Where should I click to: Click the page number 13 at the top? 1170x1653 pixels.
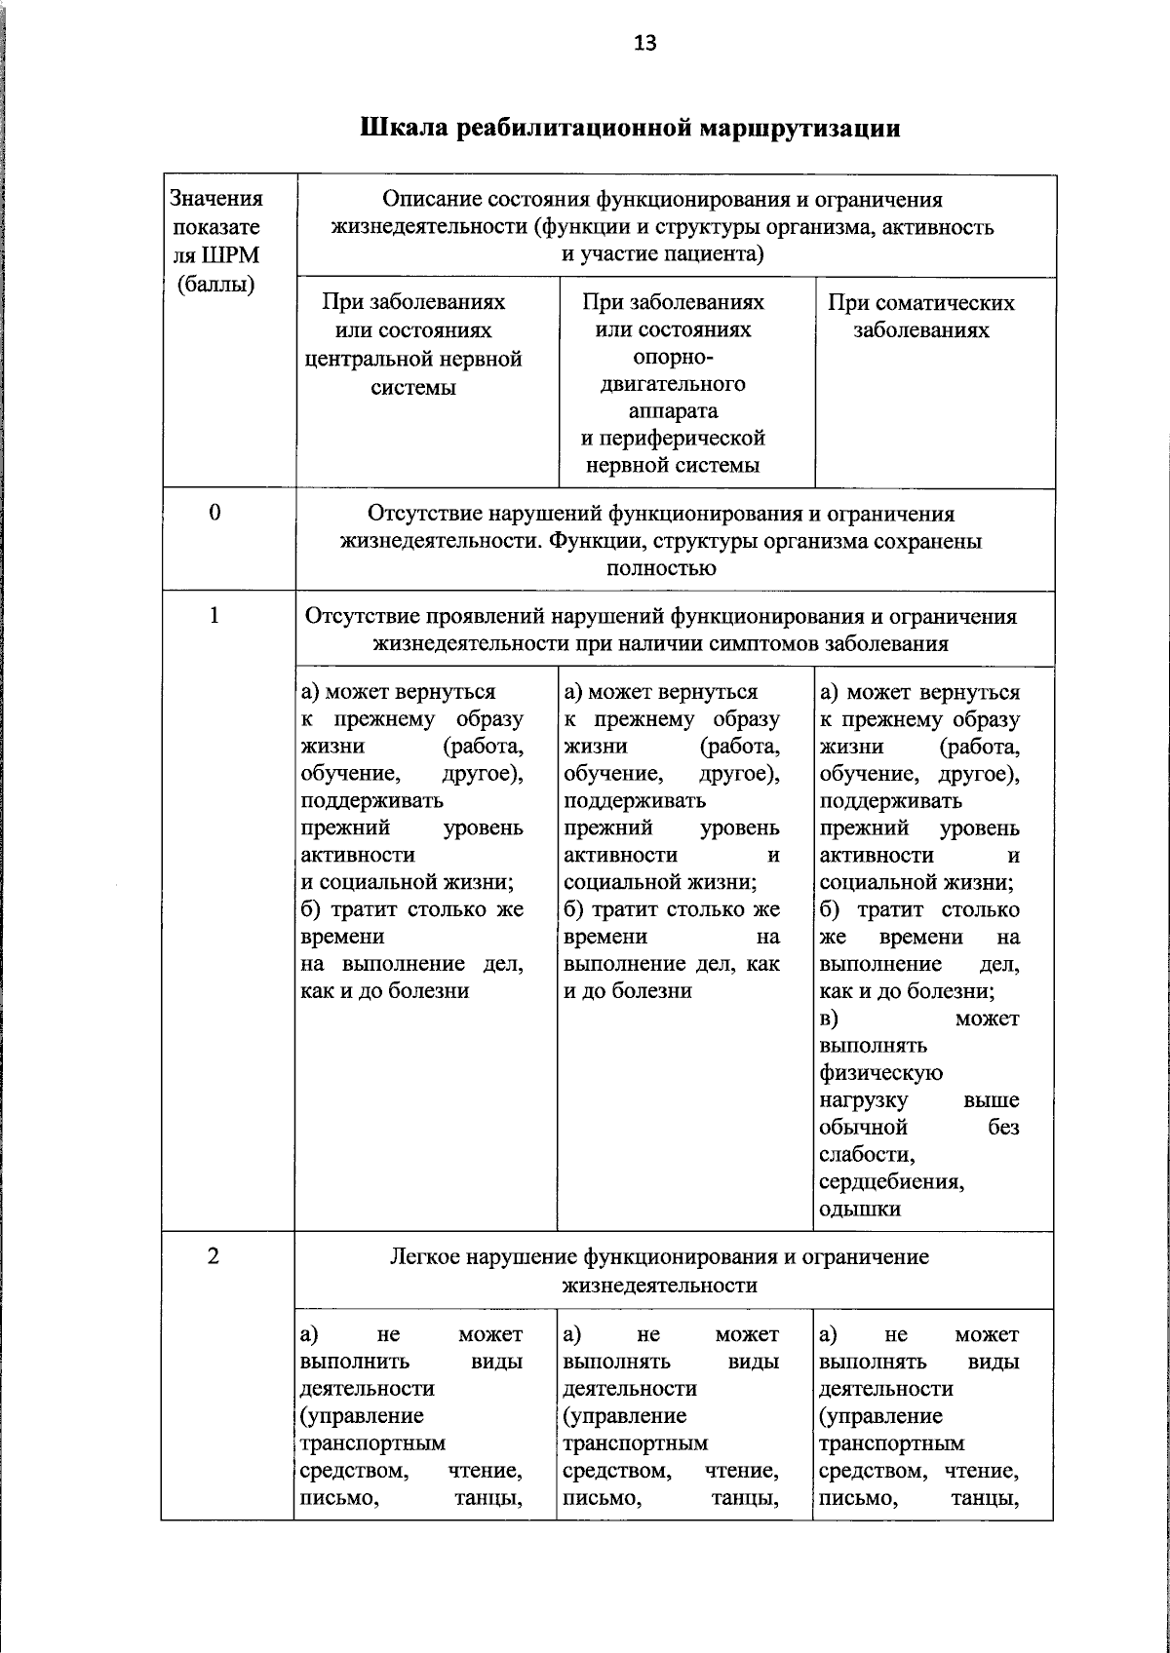(644, 43)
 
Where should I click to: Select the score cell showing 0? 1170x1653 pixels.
(215, 513)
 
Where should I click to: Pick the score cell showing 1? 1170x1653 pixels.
(215, 615)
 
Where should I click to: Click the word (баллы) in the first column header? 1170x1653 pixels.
(215, 285)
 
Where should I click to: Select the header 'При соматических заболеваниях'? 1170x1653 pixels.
(920, 316)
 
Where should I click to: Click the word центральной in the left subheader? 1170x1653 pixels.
(413, 359)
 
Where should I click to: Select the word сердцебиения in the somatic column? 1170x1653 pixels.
(891, 1182)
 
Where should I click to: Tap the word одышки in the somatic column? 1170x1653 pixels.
(860, 1210)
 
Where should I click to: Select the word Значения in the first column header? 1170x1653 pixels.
(216, 199)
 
